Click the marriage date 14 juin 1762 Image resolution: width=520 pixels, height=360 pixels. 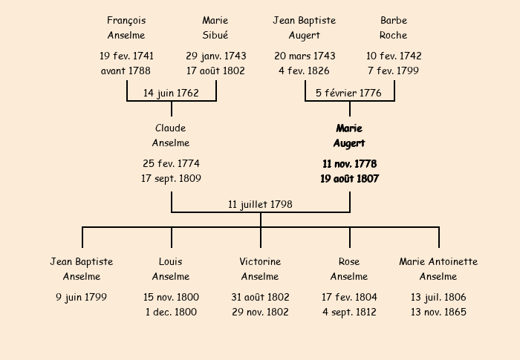(x=171, y=93)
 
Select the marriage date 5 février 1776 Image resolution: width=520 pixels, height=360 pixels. (x=348, y=93)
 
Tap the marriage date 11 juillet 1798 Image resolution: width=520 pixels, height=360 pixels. (x=260, y=204)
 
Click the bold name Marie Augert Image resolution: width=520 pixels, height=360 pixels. (x=349, y=136)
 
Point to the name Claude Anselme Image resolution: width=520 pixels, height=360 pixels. (x=171, y=135)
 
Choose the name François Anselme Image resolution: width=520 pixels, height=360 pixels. (x=126, y=28)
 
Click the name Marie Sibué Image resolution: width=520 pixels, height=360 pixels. (x=215, y=28)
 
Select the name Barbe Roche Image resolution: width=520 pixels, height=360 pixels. (x=393, y=28)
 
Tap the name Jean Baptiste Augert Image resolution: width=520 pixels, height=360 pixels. (x=305, y=28)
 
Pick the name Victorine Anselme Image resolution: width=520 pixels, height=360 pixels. (x=260, y=269)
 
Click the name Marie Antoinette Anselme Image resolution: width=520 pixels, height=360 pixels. (x=438, y=269)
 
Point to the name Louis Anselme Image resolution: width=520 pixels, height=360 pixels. (x=171, y=269)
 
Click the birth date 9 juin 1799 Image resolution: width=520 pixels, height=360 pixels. (x=81, y=297)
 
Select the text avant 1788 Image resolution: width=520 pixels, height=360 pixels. (x=126, y=71)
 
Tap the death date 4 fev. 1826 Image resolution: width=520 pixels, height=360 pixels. (x=304, y=71)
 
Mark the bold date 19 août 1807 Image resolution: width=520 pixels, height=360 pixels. (x=350, y=179)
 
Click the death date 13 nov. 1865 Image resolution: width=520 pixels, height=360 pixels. (x=438, y=312)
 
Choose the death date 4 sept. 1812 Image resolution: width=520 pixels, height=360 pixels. (x=349, y=312)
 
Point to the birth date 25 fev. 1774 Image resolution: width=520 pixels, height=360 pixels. (x=171, y=163)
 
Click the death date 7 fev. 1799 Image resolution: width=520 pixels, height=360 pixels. (x=393, y=71)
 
